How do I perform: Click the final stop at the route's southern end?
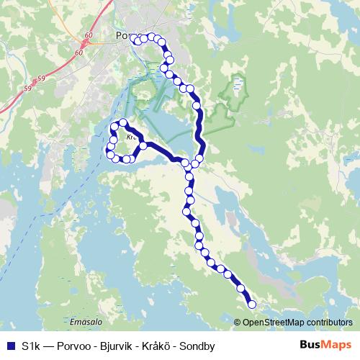pos(252,305)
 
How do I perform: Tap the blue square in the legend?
pos(11,346)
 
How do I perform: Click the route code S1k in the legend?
pos(30,346)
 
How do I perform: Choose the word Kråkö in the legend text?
pos(163,346)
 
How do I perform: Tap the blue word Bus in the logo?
pos(310,345)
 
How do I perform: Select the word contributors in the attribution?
pos(328,323)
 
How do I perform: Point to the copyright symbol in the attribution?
pos(238,323)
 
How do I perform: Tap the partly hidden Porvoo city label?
pos(121,35)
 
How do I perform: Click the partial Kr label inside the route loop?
pos(130,135)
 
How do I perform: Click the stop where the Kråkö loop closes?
pos(143,145)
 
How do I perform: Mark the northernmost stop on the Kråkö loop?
pos(124,123)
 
